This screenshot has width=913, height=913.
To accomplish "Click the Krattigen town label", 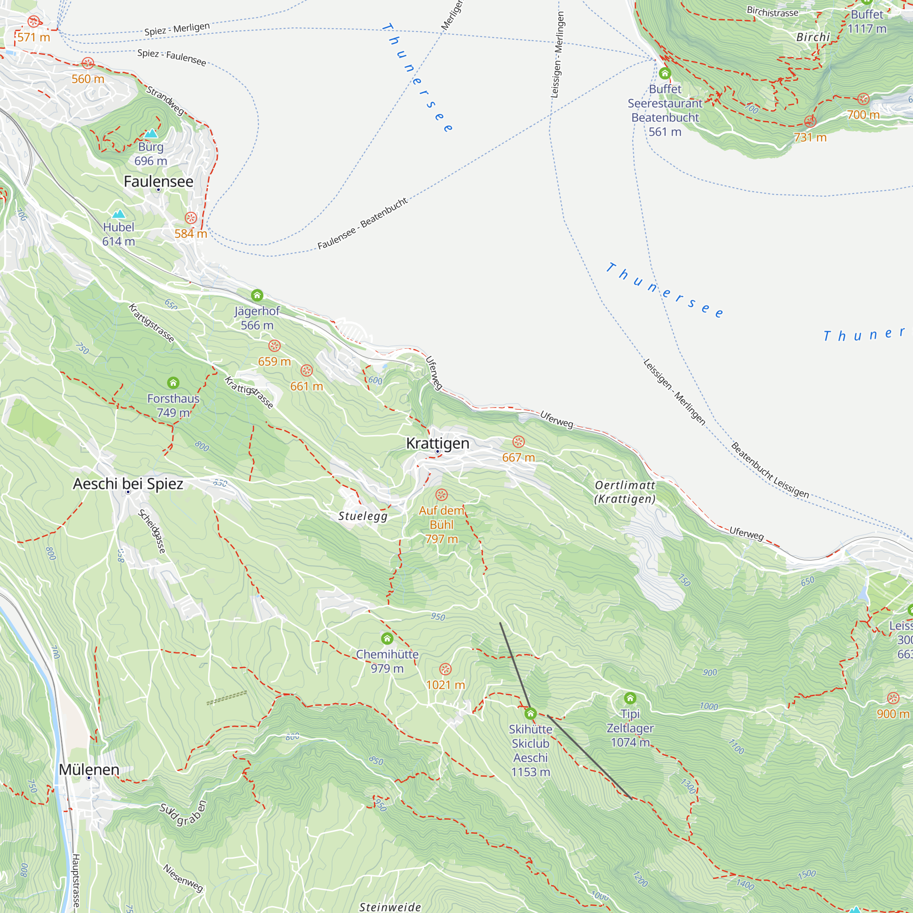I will pos(438,443).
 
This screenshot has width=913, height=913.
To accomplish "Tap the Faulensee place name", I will pos(158,182).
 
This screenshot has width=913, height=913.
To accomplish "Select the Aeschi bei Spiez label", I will pos(128,483).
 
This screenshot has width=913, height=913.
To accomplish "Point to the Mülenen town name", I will pos(89,769).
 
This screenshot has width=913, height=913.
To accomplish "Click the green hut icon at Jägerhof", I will pos(257,295).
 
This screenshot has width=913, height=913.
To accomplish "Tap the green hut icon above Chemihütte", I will pos(387,639).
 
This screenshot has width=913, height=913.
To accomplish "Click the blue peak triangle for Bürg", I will pos(151,134).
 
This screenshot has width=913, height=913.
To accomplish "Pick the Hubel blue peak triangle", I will pos(119,214).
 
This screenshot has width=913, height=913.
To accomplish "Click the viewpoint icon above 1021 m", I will pos(446,669).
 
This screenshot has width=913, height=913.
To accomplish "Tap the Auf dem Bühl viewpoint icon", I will pos(441,495).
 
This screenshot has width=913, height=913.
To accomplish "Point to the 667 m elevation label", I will pos(519,457).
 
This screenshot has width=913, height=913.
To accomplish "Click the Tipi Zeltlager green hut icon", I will pos(630,698).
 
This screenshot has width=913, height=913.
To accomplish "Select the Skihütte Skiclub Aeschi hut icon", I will pos(530,714).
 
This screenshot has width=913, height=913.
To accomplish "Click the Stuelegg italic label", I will pos(363,516).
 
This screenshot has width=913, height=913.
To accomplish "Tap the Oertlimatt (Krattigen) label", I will pos(625,492).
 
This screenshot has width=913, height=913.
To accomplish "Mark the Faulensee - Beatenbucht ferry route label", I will pos(362,224).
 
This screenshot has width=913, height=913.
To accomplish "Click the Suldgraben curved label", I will pos(184,813).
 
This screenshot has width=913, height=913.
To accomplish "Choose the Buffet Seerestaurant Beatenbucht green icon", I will pos(665,73).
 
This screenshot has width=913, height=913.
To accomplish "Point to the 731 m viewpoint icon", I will pos(810,121).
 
